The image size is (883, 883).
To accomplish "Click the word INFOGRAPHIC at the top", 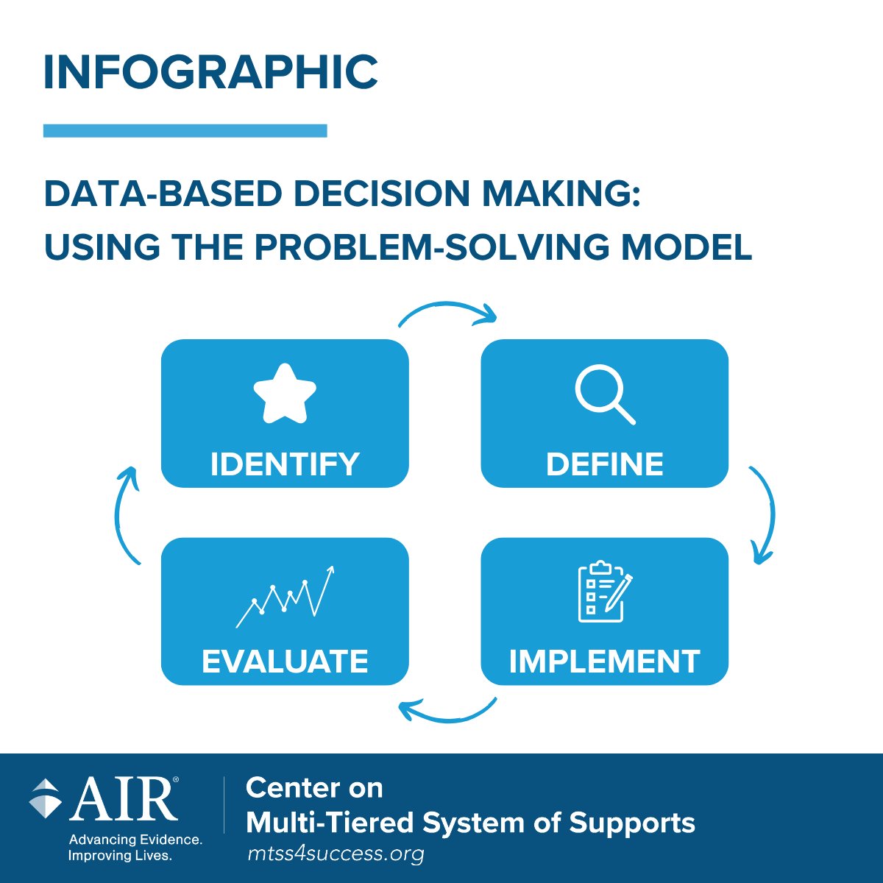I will [210, 72].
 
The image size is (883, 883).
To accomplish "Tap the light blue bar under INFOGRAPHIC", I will [185, 131].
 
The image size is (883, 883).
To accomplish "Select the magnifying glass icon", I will [604, 395].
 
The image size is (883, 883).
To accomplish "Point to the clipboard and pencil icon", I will [604, 592].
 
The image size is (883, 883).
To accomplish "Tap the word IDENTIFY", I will [285, 464].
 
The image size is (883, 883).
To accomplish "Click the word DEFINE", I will [604, 464].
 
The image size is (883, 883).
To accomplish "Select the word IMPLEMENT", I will [604, 662].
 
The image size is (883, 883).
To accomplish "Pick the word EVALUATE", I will [285, 662].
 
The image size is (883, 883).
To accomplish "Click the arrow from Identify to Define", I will [447, 311].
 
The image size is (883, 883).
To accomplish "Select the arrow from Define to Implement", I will [765, 515].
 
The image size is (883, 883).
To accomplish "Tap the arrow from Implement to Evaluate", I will [447, 712].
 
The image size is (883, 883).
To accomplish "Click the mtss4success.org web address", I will [336, 854].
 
